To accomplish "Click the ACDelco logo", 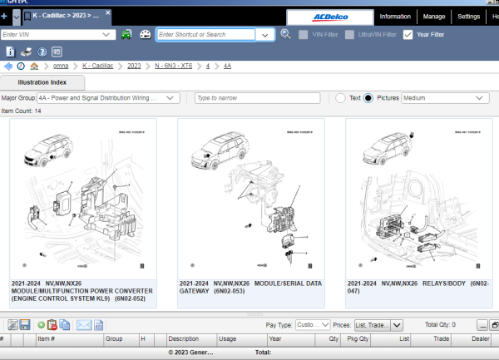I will coord(329,17).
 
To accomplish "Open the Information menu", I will coord(394,17).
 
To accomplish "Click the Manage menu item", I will coord(433,17).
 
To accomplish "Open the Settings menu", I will coord(468,17).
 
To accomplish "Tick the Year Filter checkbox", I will coord(408,35).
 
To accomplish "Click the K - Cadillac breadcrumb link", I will coord(99,65).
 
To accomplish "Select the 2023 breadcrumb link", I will coord(134,65).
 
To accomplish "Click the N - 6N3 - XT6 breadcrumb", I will coord(173,65).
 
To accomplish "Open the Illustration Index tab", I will coord(43,82).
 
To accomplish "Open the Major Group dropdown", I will coord(109,98).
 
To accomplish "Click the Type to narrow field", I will coord(256,98).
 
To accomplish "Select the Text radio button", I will coord(341,98).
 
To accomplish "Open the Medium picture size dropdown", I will coord(445,98).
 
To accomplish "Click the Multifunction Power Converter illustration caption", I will coord(82,291).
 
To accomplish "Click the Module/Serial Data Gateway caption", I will coord(249,287).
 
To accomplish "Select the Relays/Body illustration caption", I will coord(418,287).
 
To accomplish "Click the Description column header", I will coord(183,339).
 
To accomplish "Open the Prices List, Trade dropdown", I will coord(378,325).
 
